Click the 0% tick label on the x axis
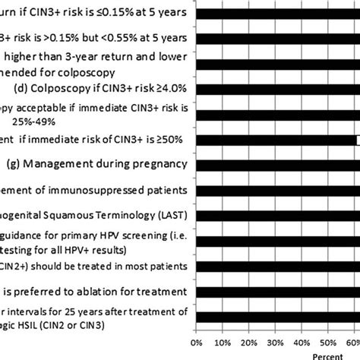point(199,343)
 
